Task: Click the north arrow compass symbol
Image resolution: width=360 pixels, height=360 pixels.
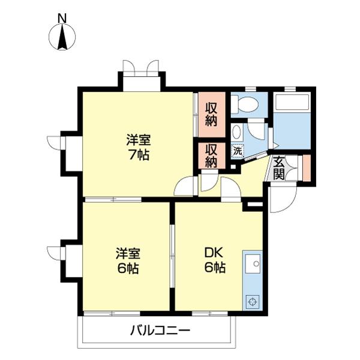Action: pyautogui.click(x=62, y=37)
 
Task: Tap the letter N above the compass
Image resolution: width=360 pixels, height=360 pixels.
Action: pyautogui.click(x=62, y=18)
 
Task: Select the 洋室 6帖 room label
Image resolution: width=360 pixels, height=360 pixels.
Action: pyautogui.click(x=127, y=260)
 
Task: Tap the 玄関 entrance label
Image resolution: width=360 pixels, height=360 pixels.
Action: pyautogui.click(x=278, y=167)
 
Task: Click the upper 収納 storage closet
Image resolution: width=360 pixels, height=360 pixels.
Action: pyautogui.click(x=212, y=114)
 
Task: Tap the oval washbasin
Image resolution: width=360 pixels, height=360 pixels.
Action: pyautogui.click(x=237, y=132)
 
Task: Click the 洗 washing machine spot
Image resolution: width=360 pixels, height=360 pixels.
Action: pyautogui.click(x=238, y=151)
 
